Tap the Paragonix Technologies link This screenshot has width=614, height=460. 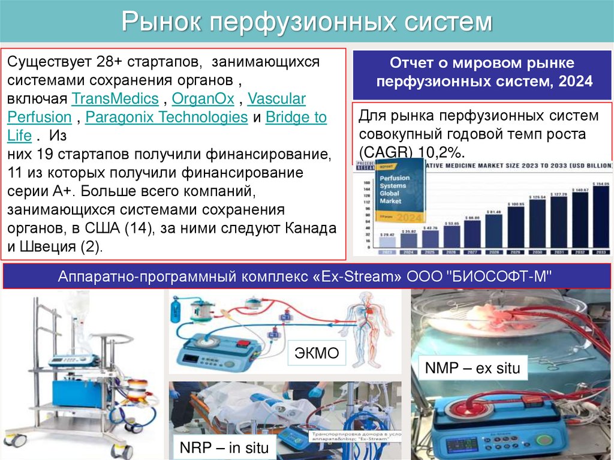click(x=166, y=117)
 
